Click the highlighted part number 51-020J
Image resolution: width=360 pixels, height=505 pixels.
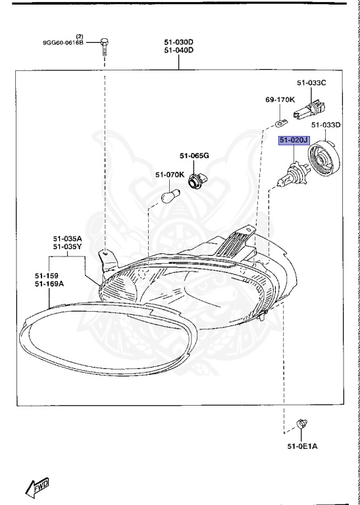[294, 141]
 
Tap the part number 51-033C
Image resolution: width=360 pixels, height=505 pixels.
[311, 84]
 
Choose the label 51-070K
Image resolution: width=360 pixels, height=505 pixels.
[169, 175]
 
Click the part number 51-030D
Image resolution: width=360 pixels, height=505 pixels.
[178, 42]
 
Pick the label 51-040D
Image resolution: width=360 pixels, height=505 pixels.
[178, 50]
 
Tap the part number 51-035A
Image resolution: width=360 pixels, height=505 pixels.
[68, 239]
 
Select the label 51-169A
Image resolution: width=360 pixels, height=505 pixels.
[49, 284]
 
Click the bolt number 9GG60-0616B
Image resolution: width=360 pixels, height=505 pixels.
[63, 43]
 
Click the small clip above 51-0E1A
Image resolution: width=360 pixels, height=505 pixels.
[301, 424]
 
